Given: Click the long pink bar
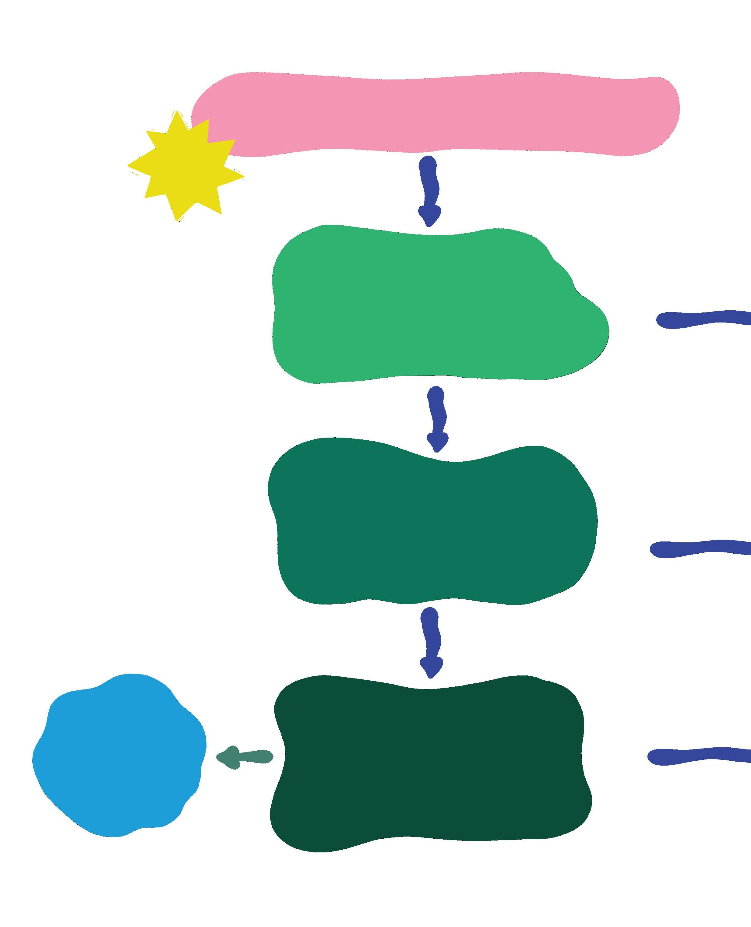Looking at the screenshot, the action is (x=433, y=115).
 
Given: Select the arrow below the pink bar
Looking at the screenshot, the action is (x=429, y=190).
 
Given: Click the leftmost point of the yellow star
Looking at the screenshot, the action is (x=129, y=166).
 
